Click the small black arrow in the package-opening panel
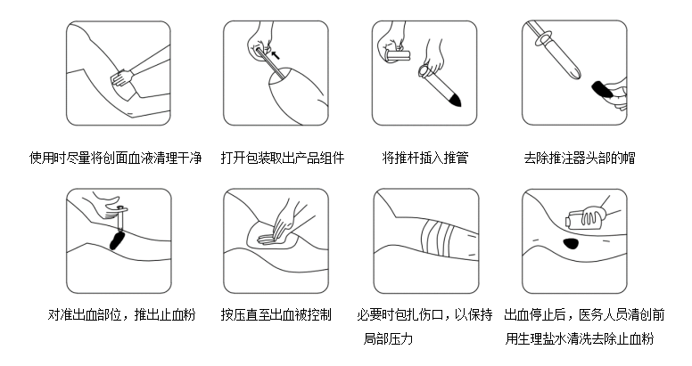click(x=276, y=54)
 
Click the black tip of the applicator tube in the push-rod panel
click(x=455, y=98)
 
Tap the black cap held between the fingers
click(x=602, y=89)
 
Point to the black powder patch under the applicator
click(x=117, y=240)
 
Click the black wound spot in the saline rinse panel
click(x=571, y=242)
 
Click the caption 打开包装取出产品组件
click(x=283, y=158)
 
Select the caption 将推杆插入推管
click(x=425, y=158)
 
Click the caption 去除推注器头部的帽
click(x=580, y=158)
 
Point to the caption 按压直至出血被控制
click(x=276, y=315)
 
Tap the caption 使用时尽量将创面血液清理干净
click(x=116, y=158)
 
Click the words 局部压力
click(x=388, y=338)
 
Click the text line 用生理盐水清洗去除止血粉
click(x=580, y=338)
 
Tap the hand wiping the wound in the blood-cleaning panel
click(x=122, y=78)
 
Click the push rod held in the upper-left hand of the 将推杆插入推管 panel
click(x=397, y=55)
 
